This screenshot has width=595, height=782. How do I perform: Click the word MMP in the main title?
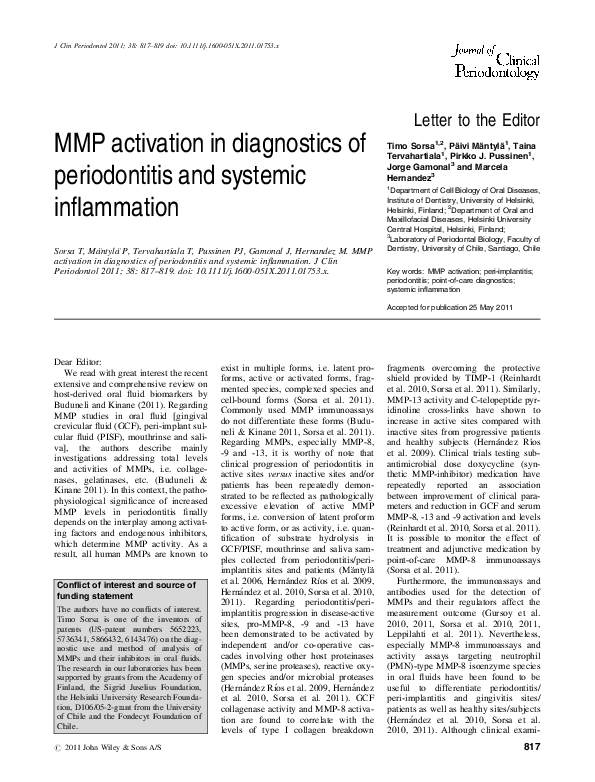(x=72, y=143)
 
